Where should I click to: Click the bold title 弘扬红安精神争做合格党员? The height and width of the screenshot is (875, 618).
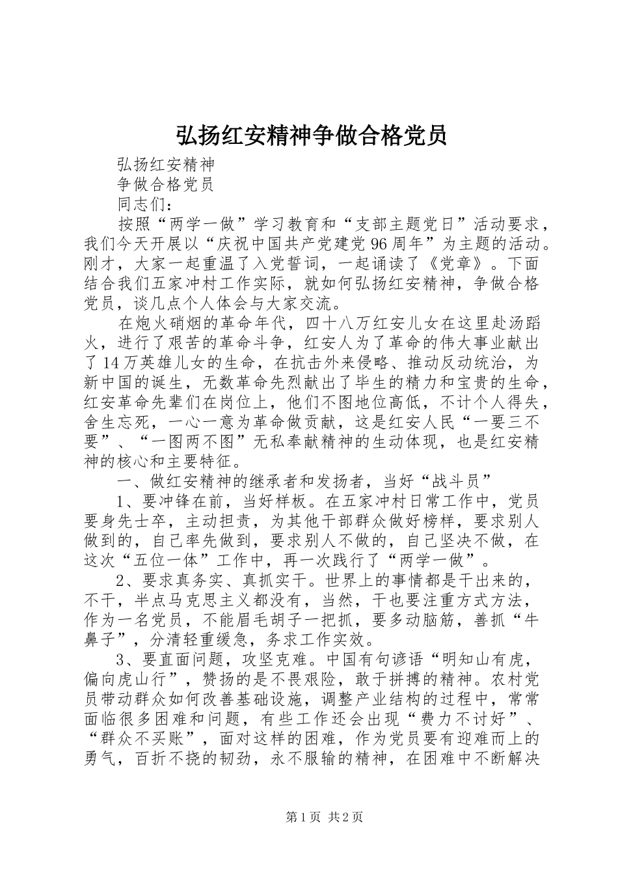311,135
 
